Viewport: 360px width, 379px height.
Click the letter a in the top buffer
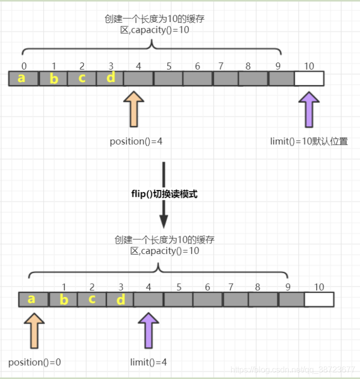(21, 78)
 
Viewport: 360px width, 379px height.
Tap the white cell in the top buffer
(309, 78)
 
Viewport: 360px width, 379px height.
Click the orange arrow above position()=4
(135, 109)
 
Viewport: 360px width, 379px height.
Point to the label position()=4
(136, 141)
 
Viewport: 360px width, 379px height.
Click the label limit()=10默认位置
(309, 141)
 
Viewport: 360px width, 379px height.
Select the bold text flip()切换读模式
(163, 194)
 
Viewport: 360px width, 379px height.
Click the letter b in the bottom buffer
(63, 300)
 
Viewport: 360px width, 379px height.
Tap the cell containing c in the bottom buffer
(92, 299)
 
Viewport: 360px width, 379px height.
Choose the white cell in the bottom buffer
(319, 300)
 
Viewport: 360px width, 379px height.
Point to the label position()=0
(34, 362)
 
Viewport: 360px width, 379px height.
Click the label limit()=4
(149, 362)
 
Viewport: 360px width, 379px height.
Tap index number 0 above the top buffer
(24, 66)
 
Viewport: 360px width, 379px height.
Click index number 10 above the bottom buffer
(319, 287)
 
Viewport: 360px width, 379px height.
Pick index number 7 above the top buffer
(221, 66)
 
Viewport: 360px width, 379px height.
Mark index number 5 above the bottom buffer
(179, 287)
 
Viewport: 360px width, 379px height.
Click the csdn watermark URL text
(292, 369)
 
